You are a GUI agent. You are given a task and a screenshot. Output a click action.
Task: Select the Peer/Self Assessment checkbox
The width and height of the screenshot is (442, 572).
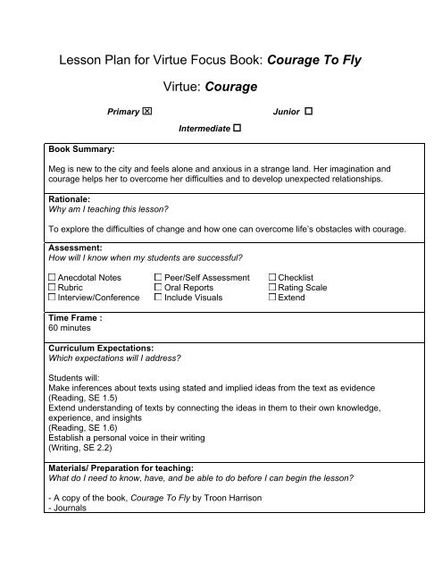pos(159,278)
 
